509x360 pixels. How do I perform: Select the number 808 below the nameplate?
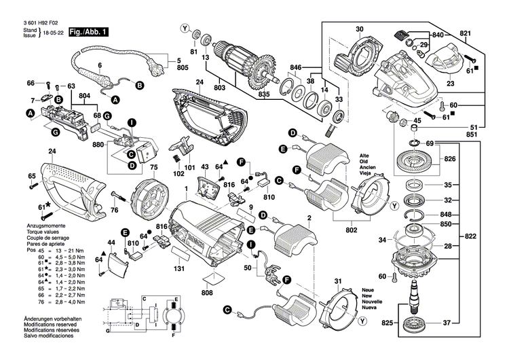click(211, 294)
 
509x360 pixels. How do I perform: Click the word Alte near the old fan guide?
click(364, 156)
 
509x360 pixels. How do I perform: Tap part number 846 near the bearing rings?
click(296, 69)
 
